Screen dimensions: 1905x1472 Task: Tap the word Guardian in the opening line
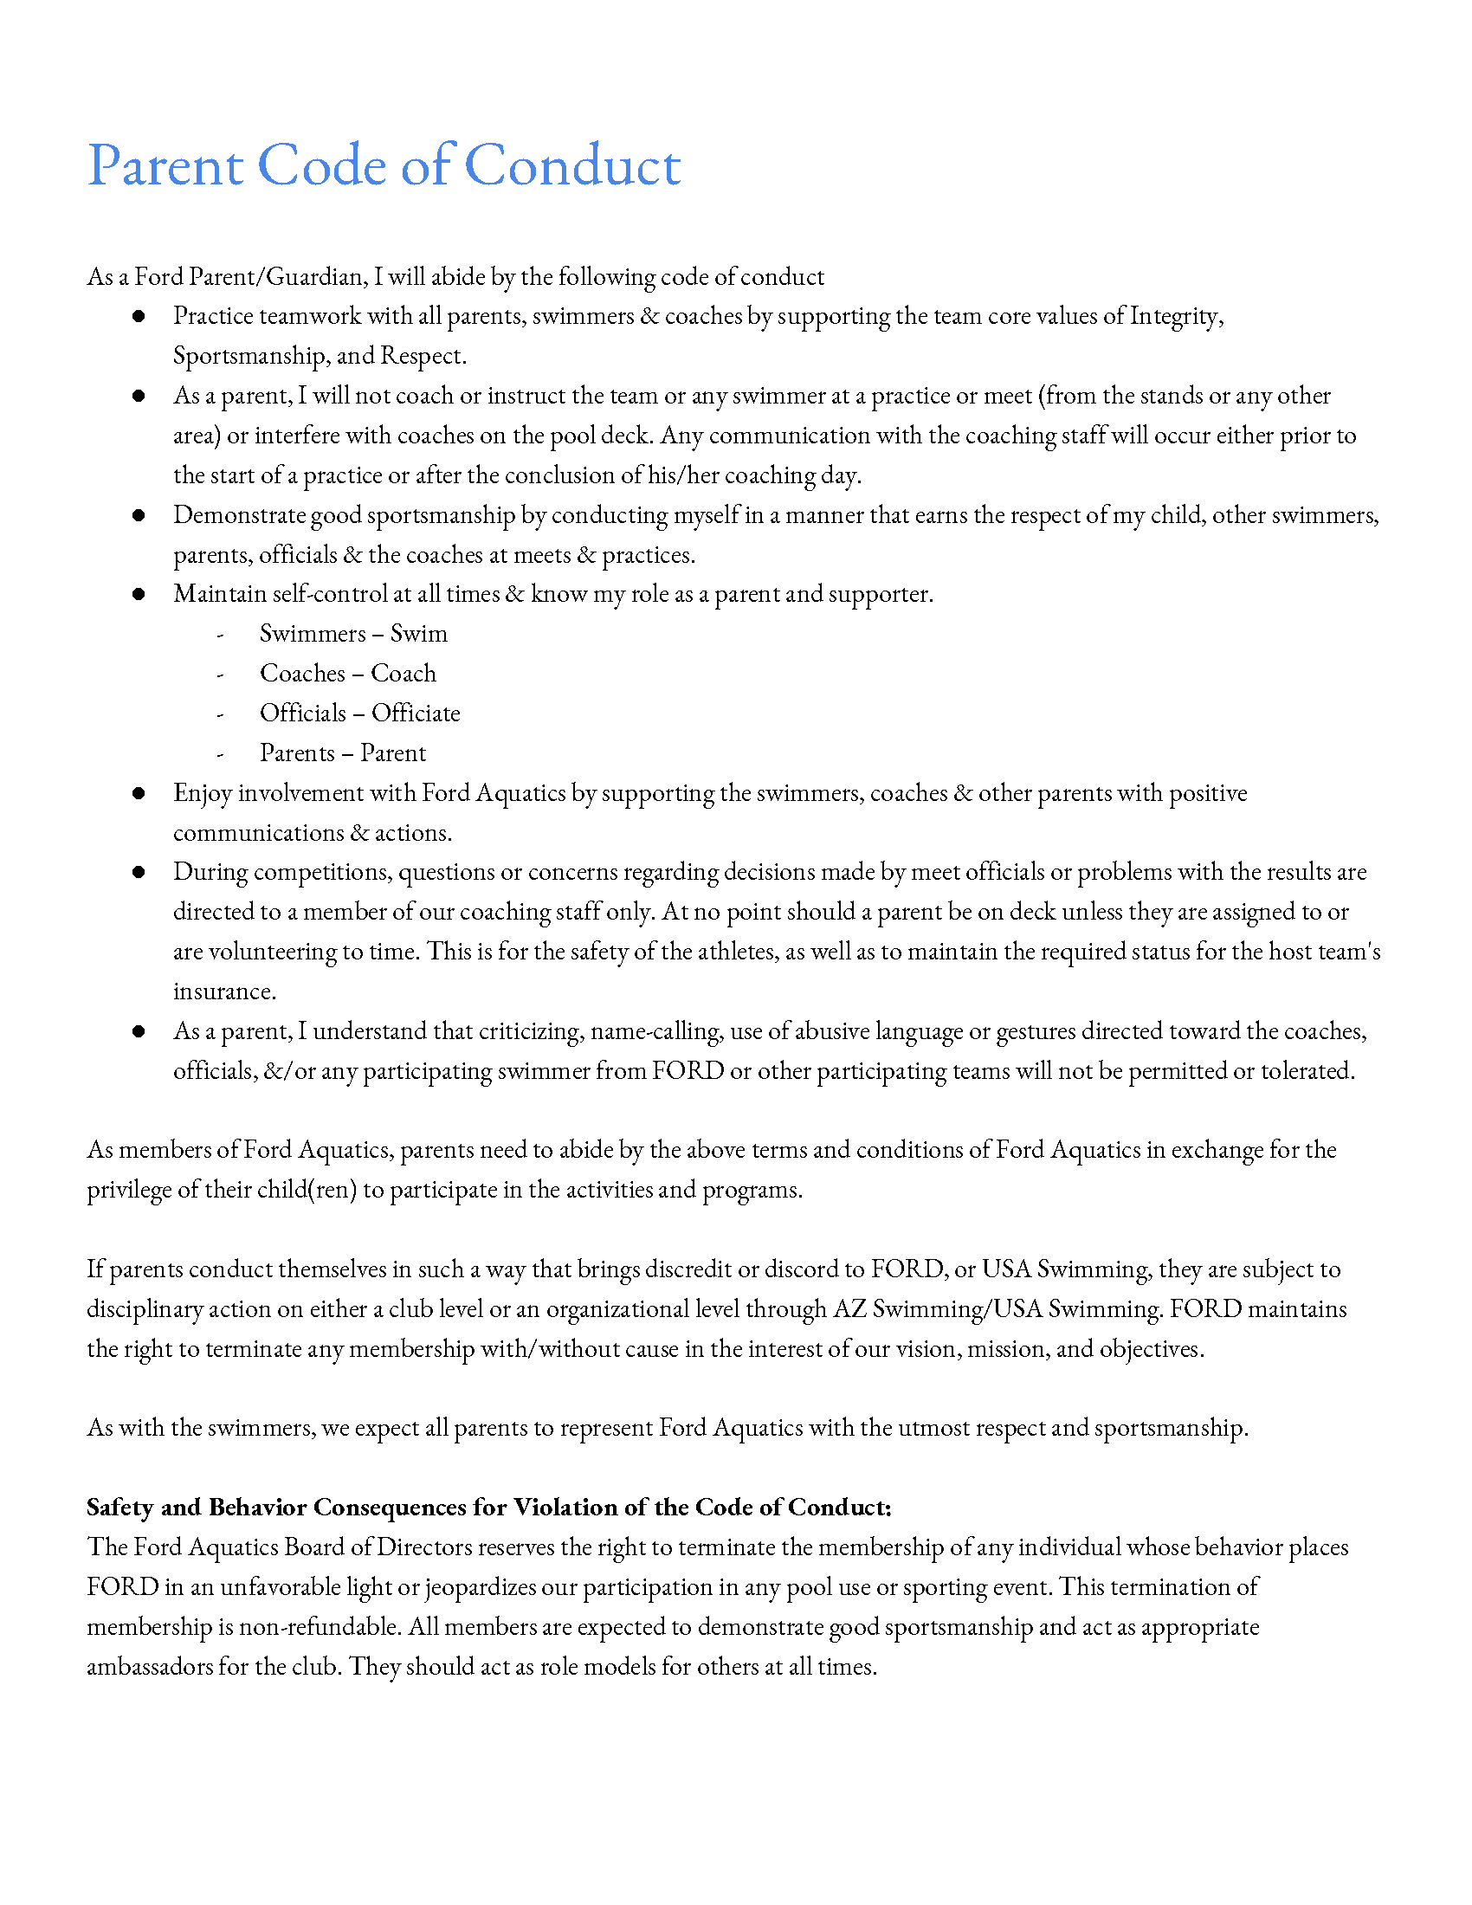315,277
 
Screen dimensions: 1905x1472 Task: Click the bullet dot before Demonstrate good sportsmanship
139,515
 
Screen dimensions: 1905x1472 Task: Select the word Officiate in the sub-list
415,714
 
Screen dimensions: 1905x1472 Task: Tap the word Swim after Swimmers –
418,634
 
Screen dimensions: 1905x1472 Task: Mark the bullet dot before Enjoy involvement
139,794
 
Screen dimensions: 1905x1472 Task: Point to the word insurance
224,991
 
